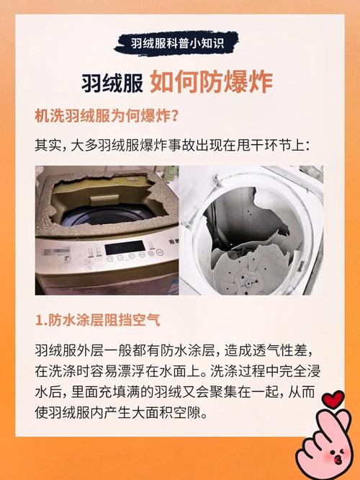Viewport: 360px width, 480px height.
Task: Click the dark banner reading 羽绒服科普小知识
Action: click(176, 43)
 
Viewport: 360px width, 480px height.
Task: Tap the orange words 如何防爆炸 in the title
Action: click(212, 83)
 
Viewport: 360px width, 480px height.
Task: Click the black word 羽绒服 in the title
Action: click(112, 83)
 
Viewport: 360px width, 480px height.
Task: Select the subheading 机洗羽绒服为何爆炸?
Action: click(107, 116)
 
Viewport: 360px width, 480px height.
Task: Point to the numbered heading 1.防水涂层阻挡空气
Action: click(98, 321)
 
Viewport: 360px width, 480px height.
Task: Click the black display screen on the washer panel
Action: click(125, 247)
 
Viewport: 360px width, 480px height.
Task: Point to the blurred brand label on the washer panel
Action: click(55, 253)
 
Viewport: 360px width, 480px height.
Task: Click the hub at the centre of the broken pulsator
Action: click(247, 282)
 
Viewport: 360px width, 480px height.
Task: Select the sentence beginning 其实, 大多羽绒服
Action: click(173, 145)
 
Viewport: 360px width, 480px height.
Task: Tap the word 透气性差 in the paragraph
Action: click(280, 351)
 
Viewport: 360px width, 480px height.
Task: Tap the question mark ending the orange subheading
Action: click(174, 116)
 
